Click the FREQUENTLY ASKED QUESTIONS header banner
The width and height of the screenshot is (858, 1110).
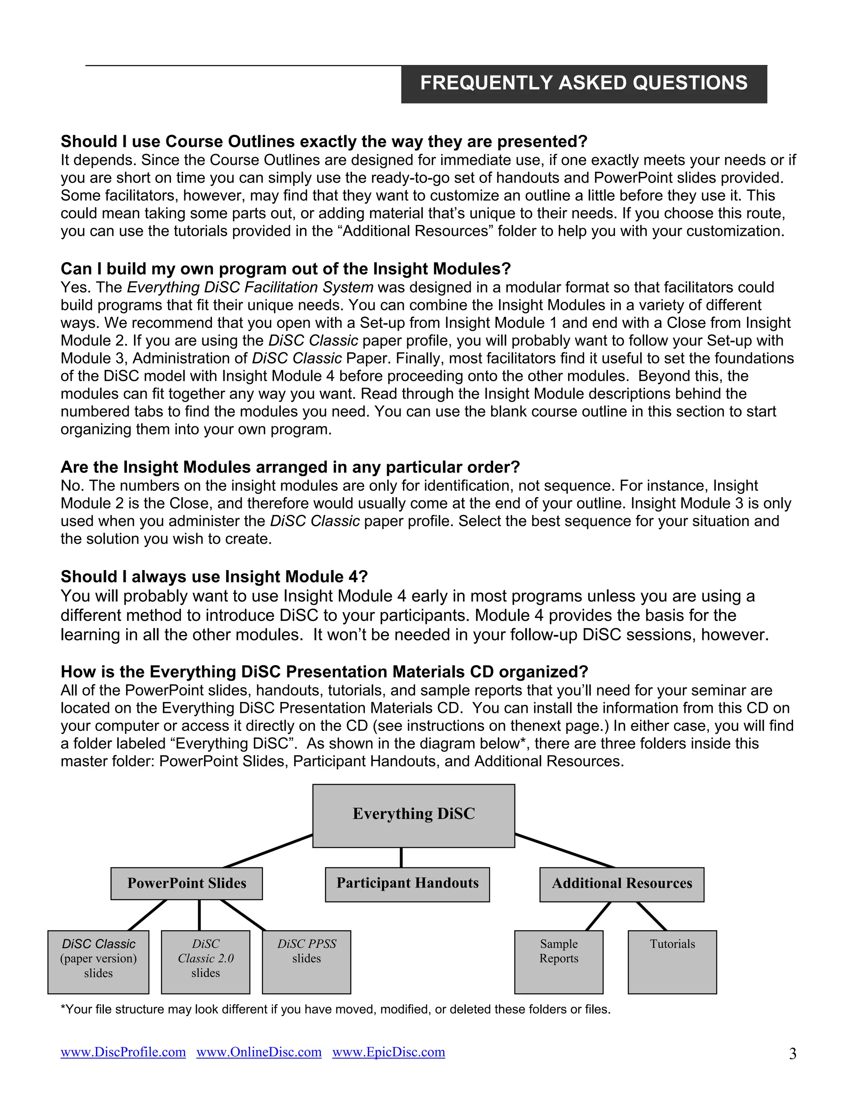pyautogui.click(x=584, y=83)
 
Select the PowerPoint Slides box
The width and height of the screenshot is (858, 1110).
pyautogui.click(x=186, y=883)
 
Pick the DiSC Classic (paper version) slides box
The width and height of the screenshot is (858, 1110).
pyautogui.click(x=98, y=962)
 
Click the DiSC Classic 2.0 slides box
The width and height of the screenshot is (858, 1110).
pyautogui.click(x=205, y=962)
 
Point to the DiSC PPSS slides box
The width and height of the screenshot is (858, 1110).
pyautogui.click(x=307, y=962)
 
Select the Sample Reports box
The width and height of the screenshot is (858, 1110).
pyautogui.click(x=558, y=962)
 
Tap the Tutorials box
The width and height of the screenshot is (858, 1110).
pyautogui.click(x=672, y=962)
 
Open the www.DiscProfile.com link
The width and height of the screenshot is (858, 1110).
pyautogui.click(x=123, y=1052)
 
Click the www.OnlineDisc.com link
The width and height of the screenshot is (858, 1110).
pyautogui.click(x=259, y=1052)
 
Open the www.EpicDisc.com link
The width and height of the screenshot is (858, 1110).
pyautogui.click(x=388, y=1052)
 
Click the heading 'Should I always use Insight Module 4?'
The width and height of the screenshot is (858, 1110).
pyautogui.click(x=214, y=577)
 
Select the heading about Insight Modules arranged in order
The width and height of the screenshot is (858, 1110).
pyautogui.click(x=290, y=467)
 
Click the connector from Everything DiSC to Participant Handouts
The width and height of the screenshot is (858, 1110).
pyautogui.click(x=401, y=857)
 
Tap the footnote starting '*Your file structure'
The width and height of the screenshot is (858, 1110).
pyautogui.click(x=336, y=1009)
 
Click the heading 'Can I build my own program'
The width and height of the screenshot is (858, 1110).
pyautogui.click(x=285, y=269)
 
